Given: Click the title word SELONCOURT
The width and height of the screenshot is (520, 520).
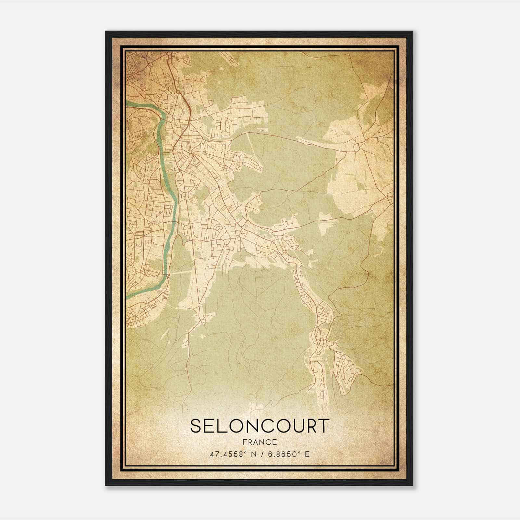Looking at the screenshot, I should pos(260,426).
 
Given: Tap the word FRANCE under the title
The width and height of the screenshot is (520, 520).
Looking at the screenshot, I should pos(260,442).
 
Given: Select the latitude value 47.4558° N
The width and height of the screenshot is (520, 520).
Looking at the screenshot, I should pos(231,454).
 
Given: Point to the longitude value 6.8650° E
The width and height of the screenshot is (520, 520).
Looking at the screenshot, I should pos(288,454).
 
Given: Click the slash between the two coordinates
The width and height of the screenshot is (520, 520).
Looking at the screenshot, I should pos(260,454).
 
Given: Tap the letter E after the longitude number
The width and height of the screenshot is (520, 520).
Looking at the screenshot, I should pos(307,454).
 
